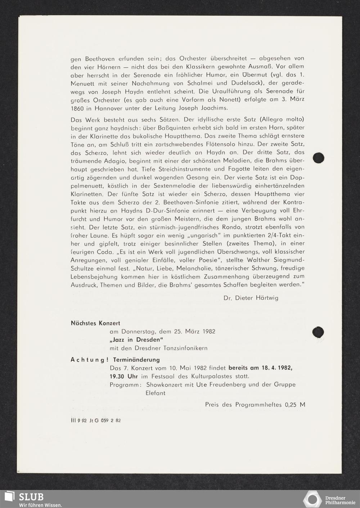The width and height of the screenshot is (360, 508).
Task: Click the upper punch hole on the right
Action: click(319, 158)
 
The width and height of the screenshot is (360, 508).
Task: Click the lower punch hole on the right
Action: click(318, 332)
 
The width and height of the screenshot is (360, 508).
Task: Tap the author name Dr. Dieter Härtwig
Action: click(251, 298)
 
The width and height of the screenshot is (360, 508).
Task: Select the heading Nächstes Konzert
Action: click(95, 323)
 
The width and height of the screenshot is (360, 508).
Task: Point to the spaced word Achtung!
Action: click(90, 360)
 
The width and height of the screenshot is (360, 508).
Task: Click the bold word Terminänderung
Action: click(136, 360)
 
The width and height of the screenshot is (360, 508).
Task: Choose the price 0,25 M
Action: click(295, 405)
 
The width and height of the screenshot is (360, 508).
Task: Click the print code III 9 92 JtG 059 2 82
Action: click(96, 420)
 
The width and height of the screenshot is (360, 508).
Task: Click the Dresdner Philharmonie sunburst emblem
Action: click(312, 499)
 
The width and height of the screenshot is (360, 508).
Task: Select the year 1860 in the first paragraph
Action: click(77, 108)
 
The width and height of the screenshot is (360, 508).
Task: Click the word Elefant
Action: click(156, 393)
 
